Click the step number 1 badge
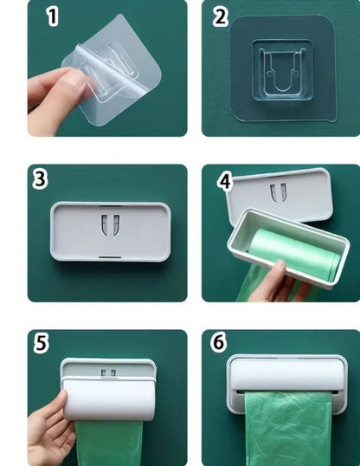pyautogui.click(x=53, y=16)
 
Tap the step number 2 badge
pyautogui.click(x=220, y=16)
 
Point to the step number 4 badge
pyautogui.click(x=225, y=182)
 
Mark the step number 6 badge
pyautogui.click(x=219, y=343)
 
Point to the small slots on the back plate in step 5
pyautogui.click(x=108, y=373)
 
